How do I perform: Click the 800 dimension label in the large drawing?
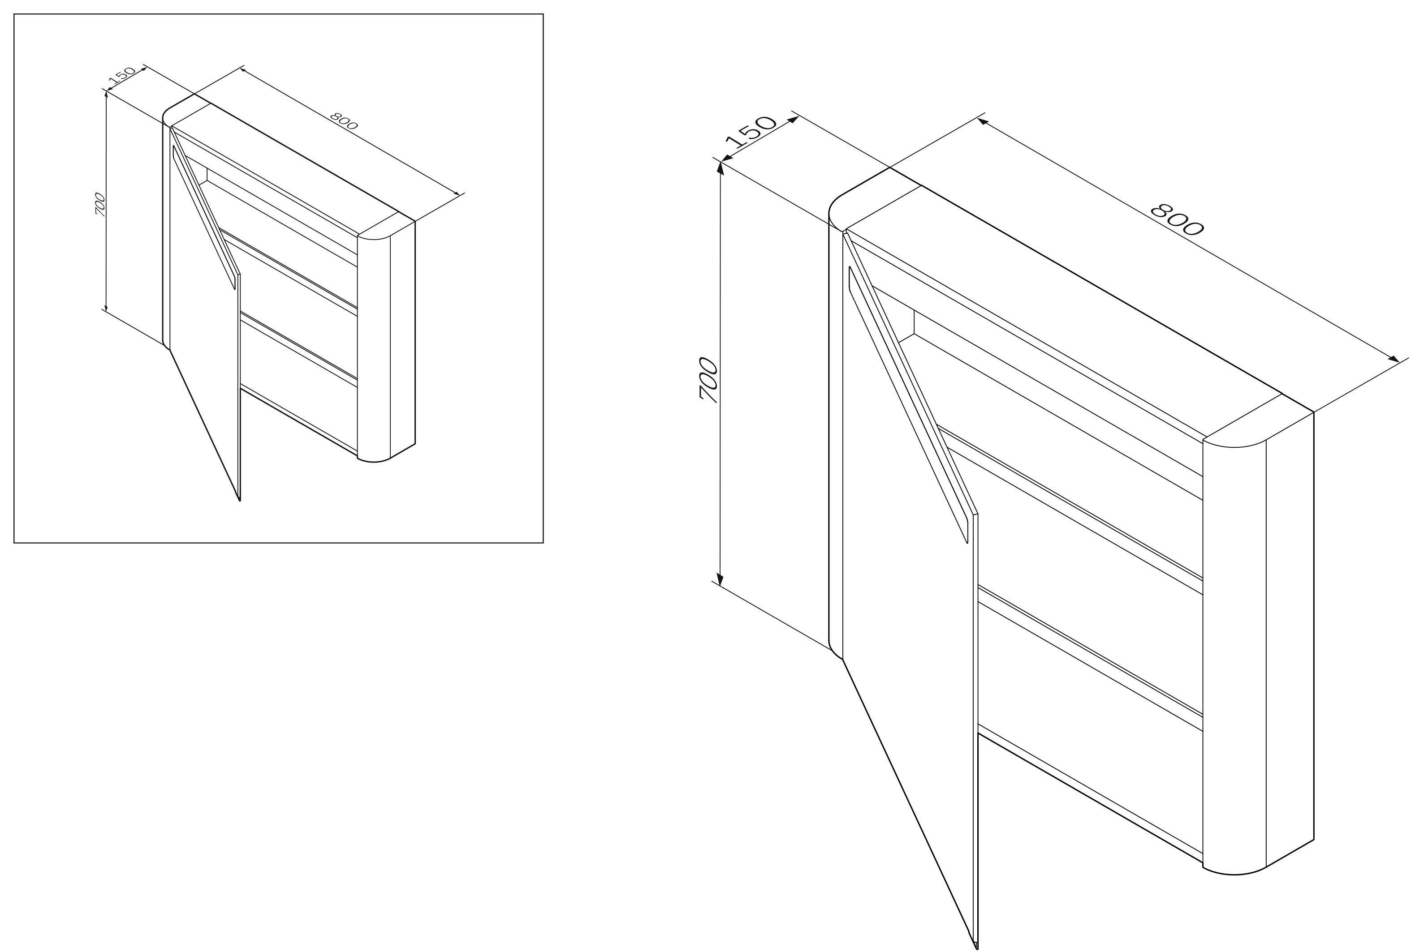[x=1177, y=219]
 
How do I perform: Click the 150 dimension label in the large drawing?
[x=751, y=132]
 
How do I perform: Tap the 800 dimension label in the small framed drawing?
[x=344, y=121]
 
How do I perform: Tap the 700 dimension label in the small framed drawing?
[x=100, y=205]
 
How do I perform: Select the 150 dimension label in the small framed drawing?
[x=122, y=75]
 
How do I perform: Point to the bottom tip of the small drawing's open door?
[x=240, y=501]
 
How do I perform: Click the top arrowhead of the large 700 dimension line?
[x=721, y=167]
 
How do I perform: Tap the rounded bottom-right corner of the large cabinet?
[x=1233, y=874]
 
